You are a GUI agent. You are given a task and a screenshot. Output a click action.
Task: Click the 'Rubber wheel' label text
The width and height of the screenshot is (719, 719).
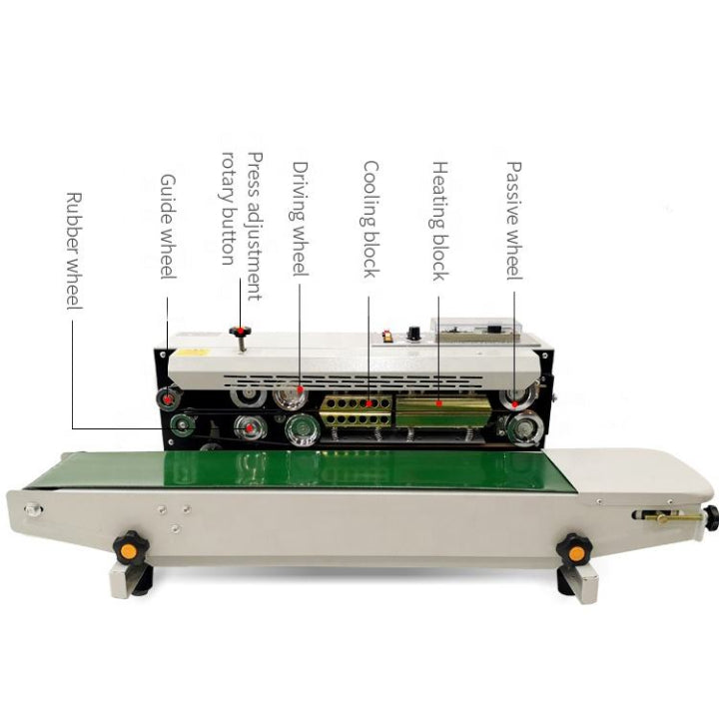click(74, 250)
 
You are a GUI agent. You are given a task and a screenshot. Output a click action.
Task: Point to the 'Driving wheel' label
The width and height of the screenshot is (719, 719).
click(302, 220)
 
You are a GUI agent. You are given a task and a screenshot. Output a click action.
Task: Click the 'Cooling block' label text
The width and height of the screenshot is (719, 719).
click(370, 220)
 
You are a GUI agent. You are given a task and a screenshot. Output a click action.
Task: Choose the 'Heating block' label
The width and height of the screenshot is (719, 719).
click(440, 221)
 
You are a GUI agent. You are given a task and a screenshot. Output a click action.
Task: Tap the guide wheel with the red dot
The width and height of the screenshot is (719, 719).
click(167, 401)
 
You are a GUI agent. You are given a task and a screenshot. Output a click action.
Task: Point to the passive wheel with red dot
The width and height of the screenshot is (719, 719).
click(516, 397)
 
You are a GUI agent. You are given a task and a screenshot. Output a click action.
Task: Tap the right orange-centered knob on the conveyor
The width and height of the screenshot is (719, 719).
click(573, 546)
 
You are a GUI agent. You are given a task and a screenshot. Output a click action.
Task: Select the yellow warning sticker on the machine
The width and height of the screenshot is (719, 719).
click(193, 352)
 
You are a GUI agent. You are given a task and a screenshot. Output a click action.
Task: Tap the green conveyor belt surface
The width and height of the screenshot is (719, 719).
click(300, 469)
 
